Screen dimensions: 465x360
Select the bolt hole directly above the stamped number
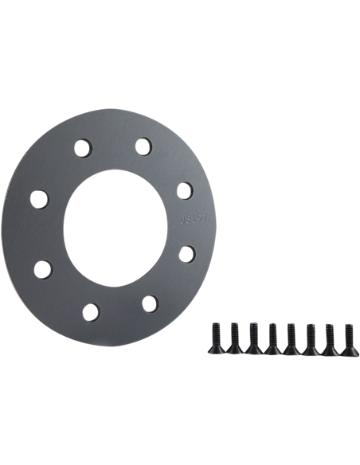tap(184, 190)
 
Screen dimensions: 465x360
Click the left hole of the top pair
tap(82, 147)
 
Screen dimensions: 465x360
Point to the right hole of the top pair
tap(143, 146)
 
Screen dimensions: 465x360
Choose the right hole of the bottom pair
tap(149, 303)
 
